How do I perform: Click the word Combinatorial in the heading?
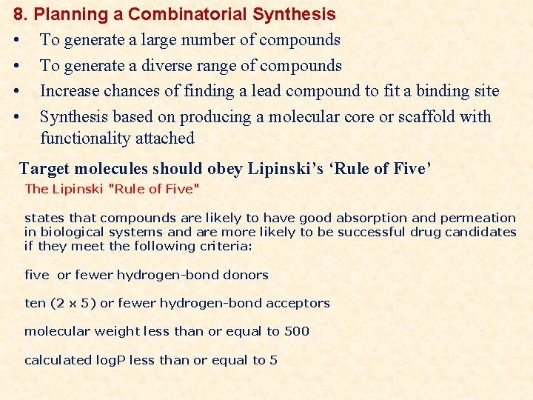coord(188,14)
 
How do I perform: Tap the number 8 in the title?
coord(19,14)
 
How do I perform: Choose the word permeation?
coord(479,218)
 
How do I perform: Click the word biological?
coord(74,232)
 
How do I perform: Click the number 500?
coord(296,331)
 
